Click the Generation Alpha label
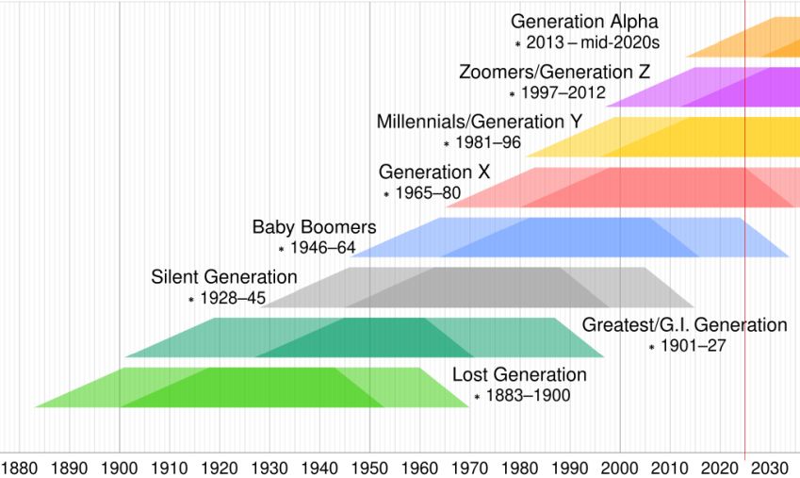click(584, 21)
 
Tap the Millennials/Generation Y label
click(479, 122)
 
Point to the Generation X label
click(434, 172)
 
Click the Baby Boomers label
click(314, 227)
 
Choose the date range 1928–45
click(233, 298)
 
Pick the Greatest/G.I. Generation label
click(684, 325)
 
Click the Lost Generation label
click(519, 374)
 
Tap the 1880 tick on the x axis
click(20, 467)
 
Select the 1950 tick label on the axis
click(369, 467)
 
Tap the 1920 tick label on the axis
click(220, 467)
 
